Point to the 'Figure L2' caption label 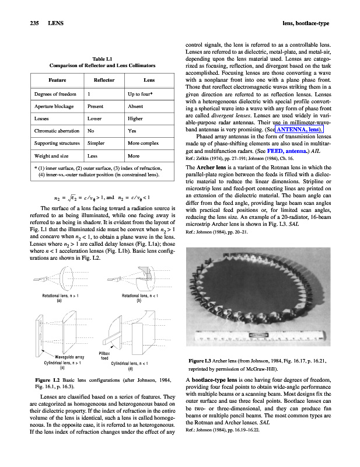[48, 380]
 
